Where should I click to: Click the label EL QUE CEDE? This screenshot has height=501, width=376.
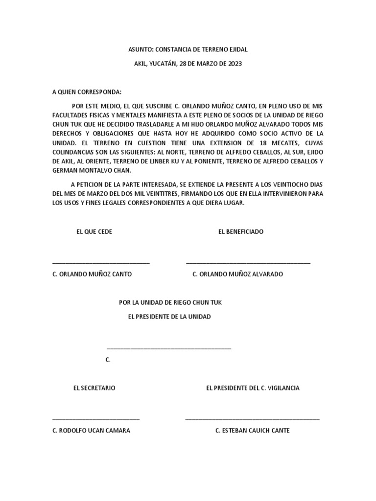tap(94, 231)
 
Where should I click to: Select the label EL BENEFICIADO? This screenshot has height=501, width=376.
tap(241, 231)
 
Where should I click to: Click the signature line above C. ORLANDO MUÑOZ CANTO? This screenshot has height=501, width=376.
tap(101, 263)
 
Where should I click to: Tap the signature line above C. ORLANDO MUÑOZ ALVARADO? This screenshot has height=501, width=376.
tap(248, 263)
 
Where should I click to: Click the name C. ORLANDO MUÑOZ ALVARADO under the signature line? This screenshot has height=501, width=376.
tap(238, 274)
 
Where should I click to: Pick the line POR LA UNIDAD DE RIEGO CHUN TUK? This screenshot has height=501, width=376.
tap(170, 302)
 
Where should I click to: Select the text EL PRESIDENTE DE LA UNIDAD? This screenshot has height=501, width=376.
tap(169, 317)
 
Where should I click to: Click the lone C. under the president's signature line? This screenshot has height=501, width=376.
tap(108, 360)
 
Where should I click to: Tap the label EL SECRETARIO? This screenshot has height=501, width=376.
tap(94, 388)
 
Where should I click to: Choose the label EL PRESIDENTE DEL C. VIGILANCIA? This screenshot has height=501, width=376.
tap(253, 388)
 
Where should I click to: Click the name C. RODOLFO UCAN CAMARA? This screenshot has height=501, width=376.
tap(91, 431)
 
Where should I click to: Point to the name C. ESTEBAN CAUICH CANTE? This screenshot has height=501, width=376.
tap(253, 431)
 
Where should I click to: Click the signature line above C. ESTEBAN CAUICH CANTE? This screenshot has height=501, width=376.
tap(253, 419)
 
